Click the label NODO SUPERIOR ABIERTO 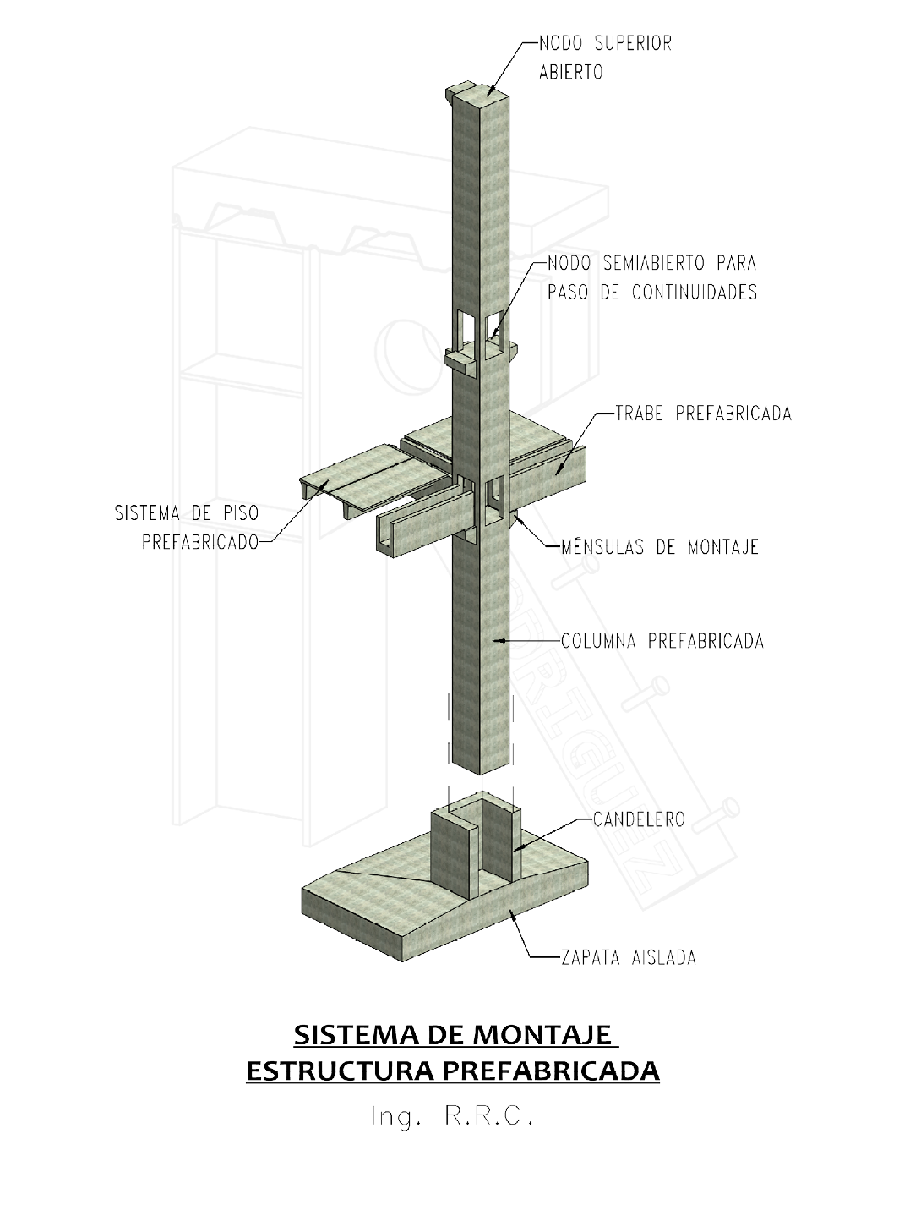(605, 57)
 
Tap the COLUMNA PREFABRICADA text (662, 641)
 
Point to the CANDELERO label (638, 819)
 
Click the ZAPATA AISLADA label (628, 958)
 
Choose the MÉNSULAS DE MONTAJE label (658, 546)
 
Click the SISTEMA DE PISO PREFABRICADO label (188, 528)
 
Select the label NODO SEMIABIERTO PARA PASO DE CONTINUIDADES (651, 277)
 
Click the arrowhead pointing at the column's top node (491, 90)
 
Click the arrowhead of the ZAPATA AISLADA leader (512, 912)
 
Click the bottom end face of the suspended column (482, 767)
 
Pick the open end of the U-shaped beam (385, 540)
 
